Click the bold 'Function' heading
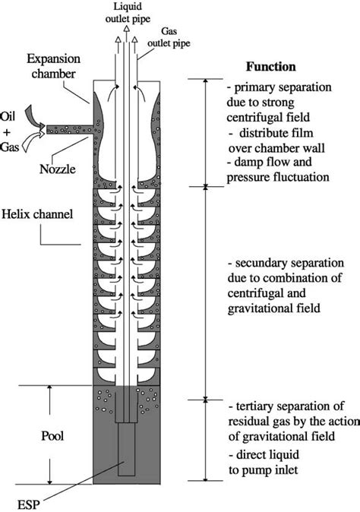click(x=271, y=66)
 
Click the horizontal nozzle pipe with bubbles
click(x=69, y=129)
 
